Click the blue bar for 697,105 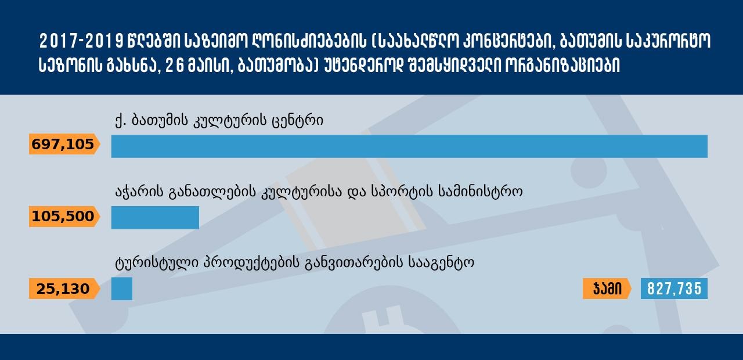tap(409, 146)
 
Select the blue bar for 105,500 tap(155, 218)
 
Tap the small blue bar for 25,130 tap(122, 289)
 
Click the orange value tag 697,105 tap(64, 145)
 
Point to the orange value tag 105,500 tap(64, 217)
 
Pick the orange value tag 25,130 tap(64, 289)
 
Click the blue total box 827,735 tap(674, 289)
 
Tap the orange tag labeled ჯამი tap(607, 289)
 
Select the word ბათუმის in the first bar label tap(160, 120)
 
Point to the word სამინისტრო tap(480, 192)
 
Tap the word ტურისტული tap(157, 264)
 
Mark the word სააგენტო tap(441, 264)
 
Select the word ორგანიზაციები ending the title tap(562, 66)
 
